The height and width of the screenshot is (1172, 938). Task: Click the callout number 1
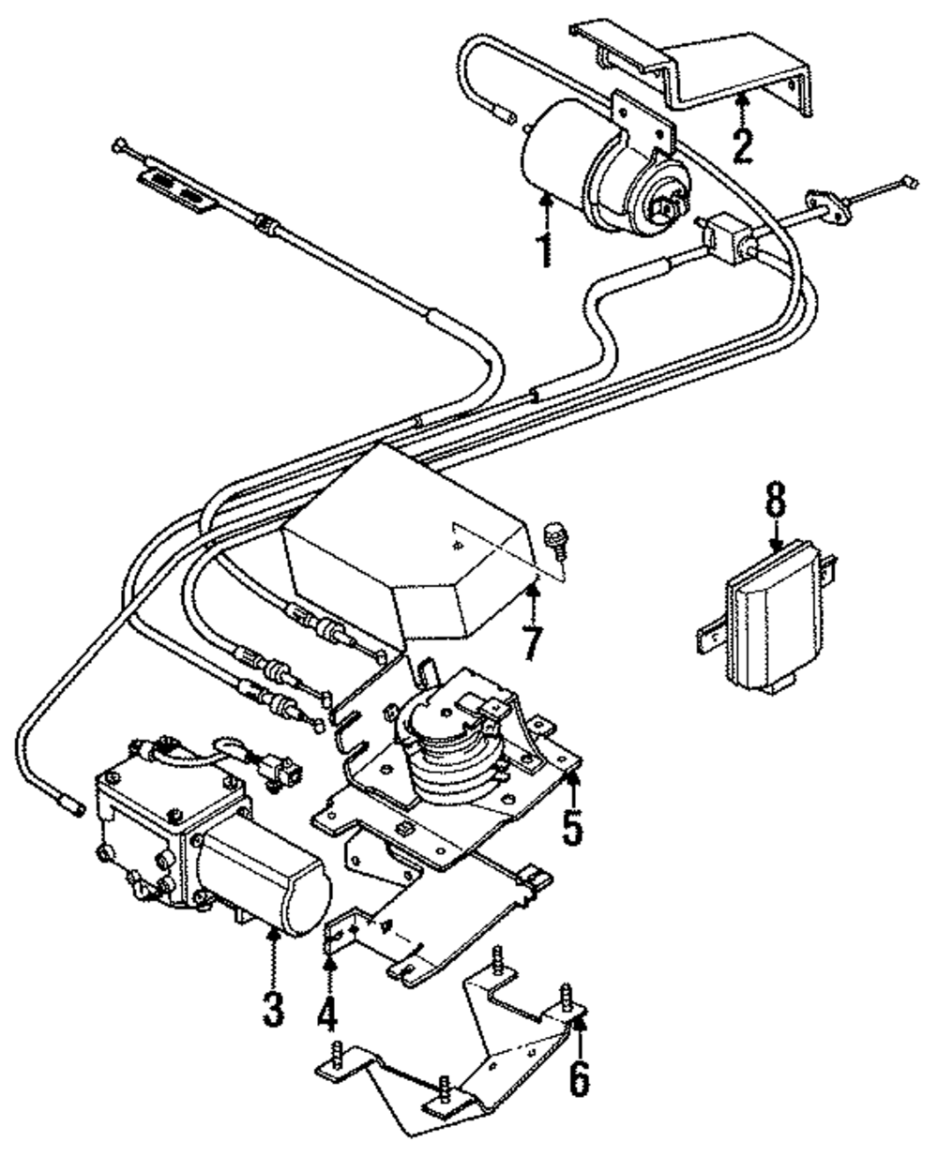point(545,249)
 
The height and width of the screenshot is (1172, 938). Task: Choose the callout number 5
point(572,827)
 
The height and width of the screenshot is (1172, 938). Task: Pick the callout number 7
point(533,642)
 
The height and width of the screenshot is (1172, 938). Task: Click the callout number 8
point(776,498)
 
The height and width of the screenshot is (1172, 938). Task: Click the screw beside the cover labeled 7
point(556,541)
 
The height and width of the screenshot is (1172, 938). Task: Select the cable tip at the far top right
point(910,182)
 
